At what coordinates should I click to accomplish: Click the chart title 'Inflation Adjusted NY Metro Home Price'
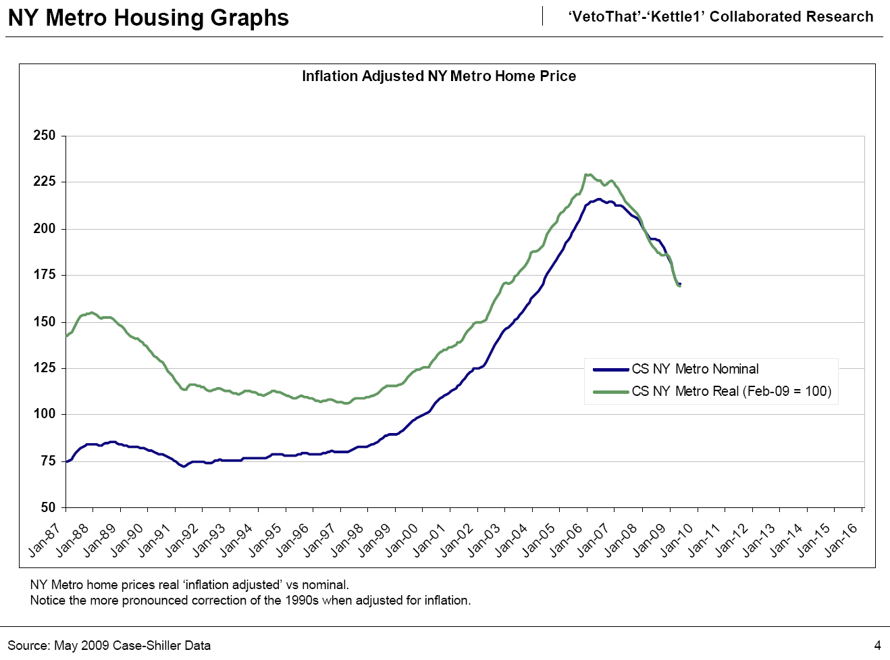(x=439, y=76)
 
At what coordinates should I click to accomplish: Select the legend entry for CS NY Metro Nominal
(x=695, y=370)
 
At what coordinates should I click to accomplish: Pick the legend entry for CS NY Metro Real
(x=731, y=392)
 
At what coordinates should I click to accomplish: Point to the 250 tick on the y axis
(x=45, y=136)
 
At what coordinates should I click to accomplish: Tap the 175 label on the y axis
(x=45, y=275)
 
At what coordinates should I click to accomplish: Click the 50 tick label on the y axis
(x=48, y=507)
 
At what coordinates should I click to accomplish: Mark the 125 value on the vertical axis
(x=45, y=368)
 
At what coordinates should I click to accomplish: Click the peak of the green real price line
(x=588, y=174)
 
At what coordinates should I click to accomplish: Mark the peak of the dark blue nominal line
(x=598, y=199)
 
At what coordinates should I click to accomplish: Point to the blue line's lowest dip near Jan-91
(x=184, y=466)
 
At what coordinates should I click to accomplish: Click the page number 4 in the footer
(x=877, y=645)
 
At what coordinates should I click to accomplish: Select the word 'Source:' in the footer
(x=28, y=646)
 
